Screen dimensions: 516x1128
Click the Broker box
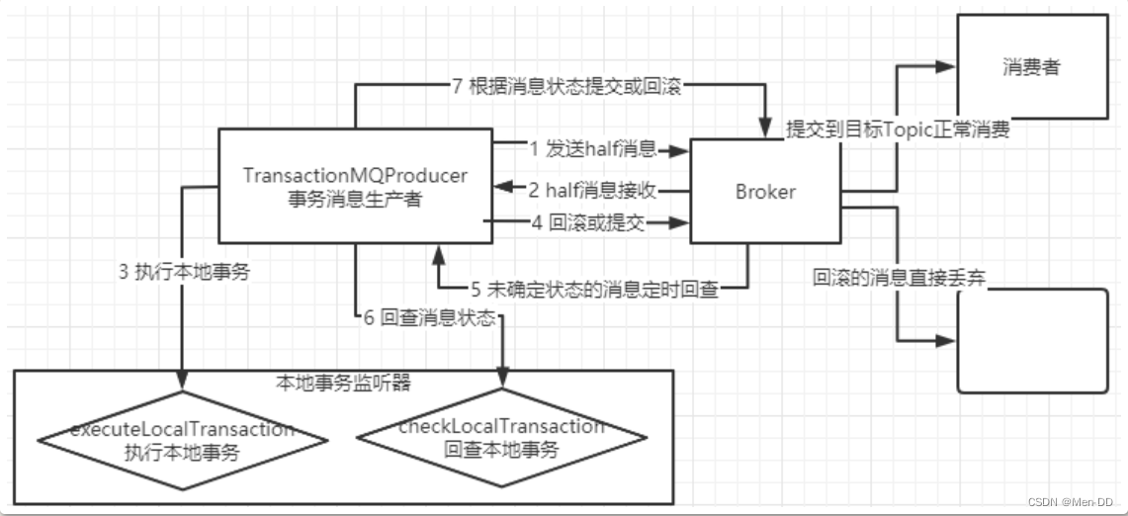pos(765,192)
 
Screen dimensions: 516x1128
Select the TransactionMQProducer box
pos(355,185)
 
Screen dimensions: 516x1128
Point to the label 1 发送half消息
pos(593,149)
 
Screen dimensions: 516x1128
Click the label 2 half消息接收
pos(593,189)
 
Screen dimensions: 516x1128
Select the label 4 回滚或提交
pos(588,223)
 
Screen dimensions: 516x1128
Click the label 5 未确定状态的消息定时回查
pos(594,290)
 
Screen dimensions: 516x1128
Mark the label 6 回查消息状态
pos(429,318)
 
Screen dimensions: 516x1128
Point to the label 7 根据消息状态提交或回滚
pos(567,86)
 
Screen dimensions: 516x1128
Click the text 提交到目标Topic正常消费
pos(898,129)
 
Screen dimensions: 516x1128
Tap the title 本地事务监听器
pos(343,380)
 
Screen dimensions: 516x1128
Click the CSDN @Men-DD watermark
pos(1074,502)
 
